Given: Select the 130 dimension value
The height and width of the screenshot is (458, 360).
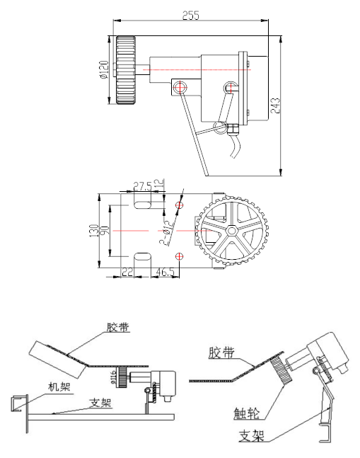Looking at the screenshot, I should click(95, 231).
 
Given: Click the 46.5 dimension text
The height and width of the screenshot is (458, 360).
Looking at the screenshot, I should click(166, 272).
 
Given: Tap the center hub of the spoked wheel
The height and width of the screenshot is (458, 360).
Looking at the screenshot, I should click(231, 231).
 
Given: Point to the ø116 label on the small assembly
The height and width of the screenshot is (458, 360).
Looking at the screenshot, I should click(113, 376).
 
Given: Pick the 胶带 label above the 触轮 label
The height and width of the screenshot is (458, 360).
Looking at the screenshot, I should click(221, 352).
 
